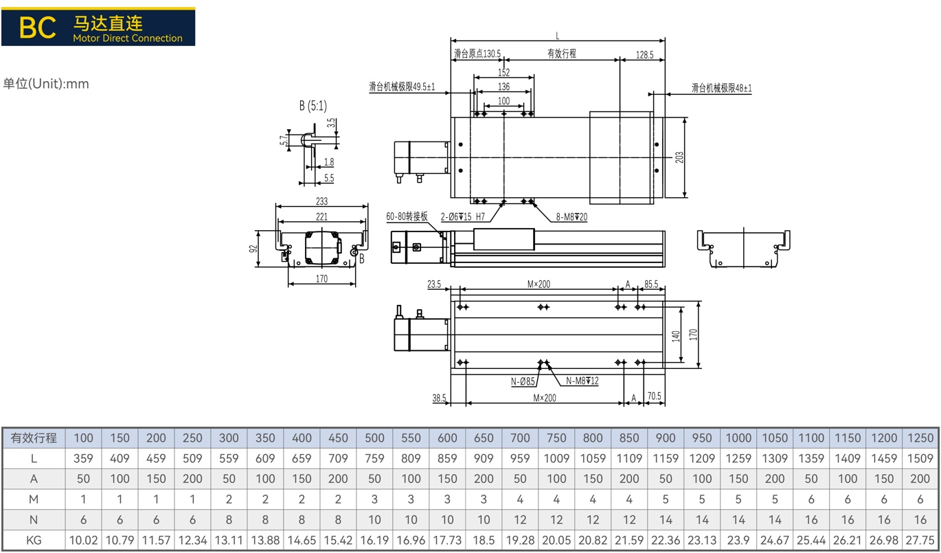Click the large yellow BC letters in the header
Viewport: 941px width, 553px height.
[x=37, y=27]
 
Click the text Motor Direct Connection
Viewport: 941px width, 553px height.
[x=128, y=38]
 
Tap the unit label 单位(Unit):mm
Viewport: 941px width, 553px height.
[x=46, y=84]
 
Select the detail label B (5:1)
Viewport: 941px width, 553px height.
[x=313, y=106]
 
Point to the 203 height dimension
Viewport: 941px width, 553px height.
[x=679, y=157]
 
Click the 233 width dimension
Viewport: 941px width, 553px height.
[x=321, y=201]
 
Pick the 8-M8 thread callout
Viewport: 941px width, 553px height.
[x=571, y=217]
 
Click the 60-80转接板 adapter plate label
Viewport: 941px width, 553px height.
[x=407, y=216]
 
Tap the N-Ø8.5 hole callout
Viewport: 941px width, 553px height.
[x=523, y=381]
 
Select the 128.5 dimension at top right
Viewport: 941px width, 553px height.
[x=644, y=55]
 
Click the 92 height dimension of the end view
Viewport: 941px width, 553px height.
[x=253, y=249]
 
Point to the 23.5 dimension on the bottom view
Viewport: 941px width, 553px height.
[x=434, y=284]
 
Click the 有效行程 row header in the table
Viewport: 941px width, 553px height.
[x=34, y=438]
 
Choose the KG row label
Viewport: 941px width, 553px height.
[x=34, y=541]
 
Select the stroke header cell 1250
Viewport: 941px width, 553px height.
[x=920, y=438]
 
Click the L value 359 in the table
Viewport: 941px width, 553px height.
[x=83, y=458]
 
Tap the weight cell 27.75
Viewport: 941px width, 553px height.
[x=920, y=541]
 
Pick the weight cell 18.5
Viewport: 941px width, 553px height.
[x=484, y=541]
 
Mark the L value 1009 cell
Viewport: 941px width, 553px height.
[x=556, y=458]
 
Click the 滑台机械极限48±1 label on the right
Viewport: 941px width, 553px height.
[x=721, y=88]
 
